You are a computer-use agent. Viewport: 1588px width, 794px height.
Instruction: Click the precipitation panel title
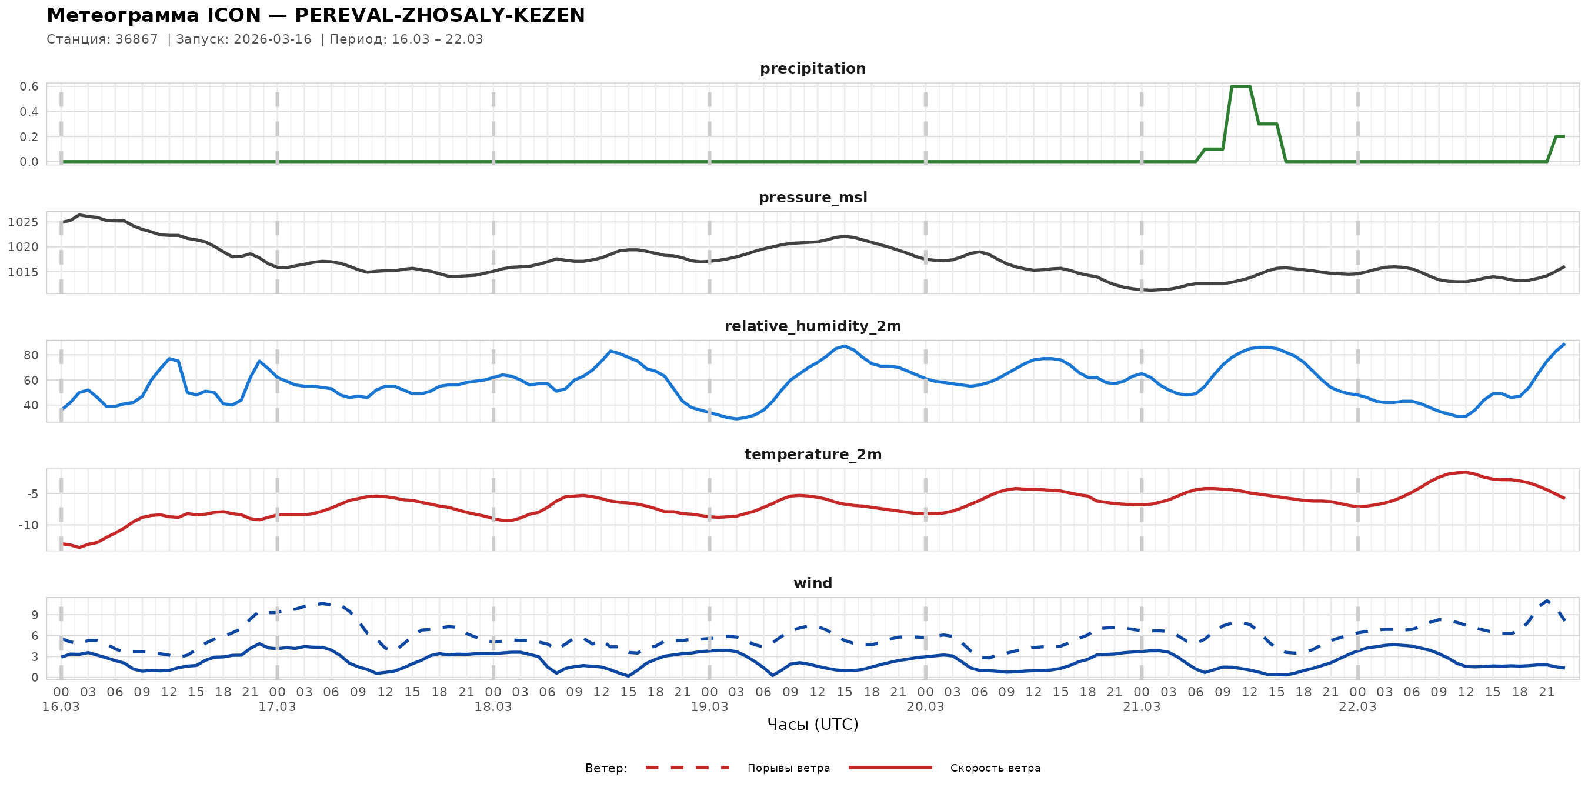click(x=812, y=68)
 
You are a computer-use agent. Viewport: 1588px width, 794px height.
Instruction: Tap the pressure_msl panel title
click(x=812, y=197)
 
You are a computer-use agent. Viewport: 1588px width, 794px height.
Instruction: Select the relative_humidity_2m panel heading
click(x=812, y=326)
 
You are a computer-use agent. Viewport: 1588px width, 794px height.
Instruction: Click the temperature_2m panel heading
click(x=812, y=454)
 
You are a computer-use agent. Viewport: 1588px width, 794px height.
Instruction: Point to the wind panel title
click(x=812, y=583)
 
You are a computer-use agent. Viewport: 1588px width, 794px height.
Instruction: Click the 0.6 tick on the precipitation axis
click(x=29, y=86)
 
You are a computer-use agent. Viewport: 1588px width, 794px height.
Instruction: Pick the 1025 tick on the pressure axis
click(x=24, y=222)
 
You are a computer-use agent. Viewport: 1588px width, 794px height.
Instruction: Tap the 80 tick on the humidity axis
click(x=31, y=355)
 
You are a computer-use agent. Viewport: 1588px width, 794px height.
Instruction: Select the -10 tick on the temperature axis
click(x=28, y=525)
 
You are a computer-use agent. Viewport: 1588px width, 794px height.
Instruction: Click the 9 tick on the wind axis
click(x=35, y=615)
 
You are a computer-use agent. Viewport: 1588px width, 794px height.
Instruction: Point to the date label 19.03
click(x=709, y=707)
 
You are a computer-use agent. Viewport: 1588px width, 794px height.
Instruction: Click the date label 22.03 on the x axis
click(x=1357, y=707)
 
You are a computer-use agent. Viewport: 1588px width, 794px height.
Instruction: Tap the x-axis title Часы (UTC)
click(x=812, y=725)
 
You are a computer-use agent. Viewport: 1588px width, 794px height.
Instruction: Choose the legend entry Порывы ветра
click(x=789, y=768)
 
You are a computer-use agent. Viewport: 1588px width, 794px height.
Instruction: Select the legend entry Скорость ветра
click(x=995, y=768)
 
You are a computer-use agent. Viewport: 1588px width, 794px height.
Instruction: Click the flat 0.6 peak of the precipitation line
click(x=1240, y=86)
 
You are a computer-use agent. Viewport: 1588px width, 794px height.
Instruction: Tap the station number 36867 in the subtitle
click(x=137, y=39)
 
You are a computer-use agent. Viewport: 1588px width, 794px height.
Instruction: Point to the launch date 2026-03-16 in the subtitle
click(x=272, y=39)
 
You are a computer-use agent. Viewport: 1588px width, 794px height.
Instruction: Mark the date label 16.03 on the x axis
click(x=61, y=707)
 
